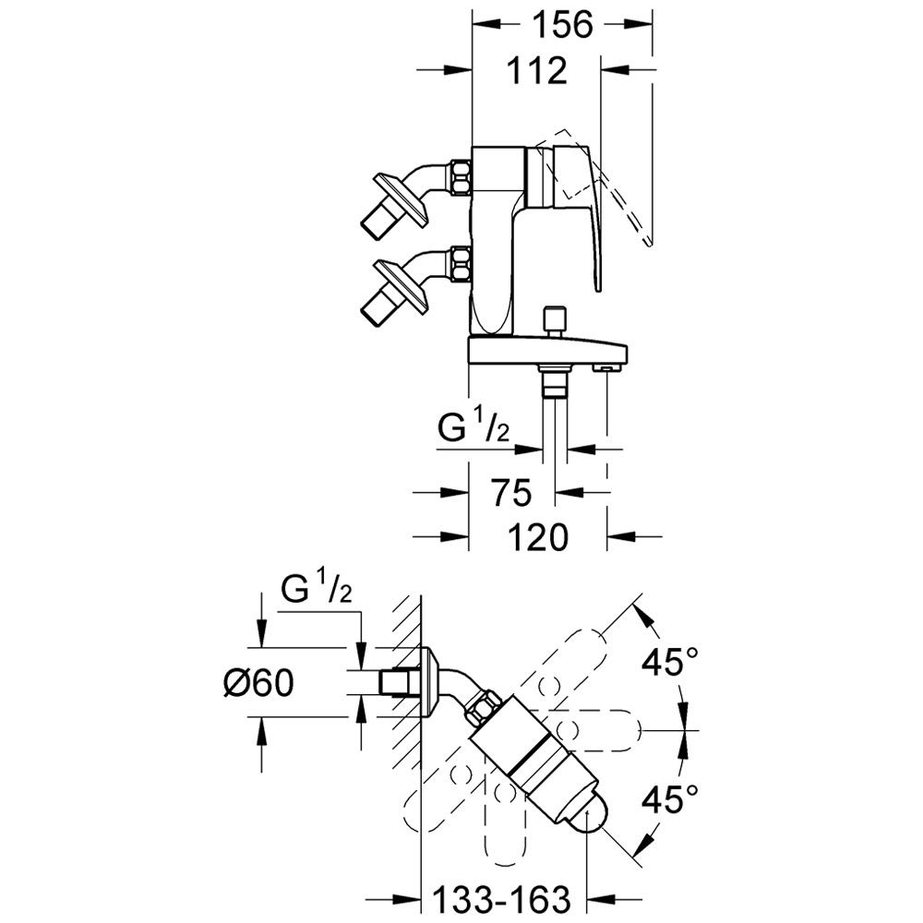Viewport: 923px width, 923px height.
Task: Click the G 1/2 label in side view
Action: pos(471,428)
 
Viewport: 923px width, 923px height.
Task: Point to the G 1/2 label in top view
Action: pos(317,589)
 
